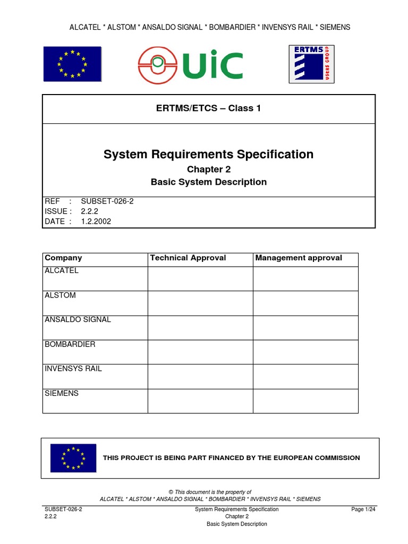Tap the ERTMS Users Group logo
(312, 64)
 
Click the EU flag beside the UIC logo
(72, 64)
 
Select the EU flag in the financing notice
(73, 458)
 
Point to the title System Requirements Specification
(208, 154)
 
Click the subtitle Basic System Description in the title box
(208, 182)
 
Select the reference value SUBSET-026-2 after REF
(103, 201)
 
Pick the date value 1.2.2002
(96, 222)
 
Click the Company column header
(63, 258)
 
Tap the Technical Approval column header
(188, 258)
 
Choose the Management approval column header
(299, 258)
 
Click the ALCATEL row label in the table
(62, 271)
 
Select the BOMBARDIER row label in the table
(70, 344)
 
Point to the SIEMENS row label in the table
(62, 394)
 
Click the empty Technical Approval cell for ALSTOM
(200, 303)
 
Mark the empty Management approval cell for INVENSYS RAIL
(305, 376)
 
